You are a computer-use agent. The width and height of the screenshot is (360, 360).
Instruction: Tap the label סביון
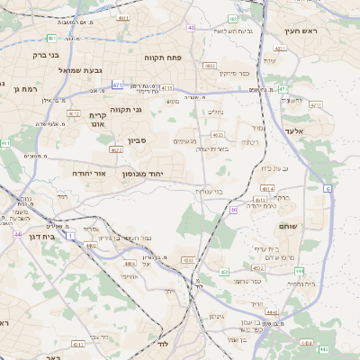(137, 140)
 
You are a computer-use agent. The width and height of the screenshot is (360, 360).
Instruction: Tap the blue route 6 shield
(328, 189)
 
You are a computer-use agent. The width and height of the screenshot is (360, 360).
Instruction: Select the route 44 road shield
(17, 234)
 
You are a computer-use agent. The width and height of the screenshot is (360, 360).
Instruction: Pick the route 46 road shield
(233, 210)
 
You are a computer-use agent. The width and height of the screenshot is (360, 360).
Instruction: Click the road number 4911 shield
(122, 17)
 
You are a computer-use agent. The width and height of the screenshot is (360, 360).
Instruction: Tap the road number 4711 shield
(315, 105)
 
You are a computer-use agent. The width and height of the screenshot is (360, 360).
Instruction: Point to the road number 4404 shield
(130, 264)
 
